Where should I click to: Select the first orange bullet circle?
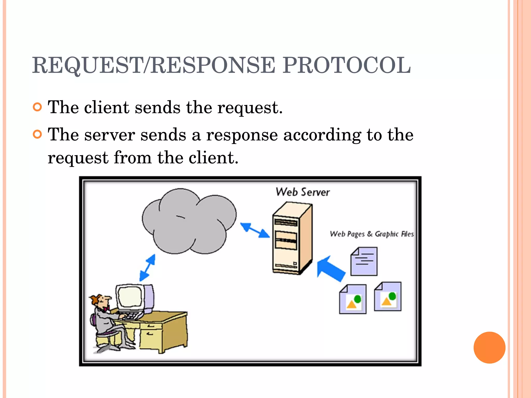tap(38, 107)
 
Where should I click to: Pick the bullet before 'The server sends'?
tap(38, 134)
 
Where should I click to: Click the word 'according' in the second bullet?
tap(322, 135)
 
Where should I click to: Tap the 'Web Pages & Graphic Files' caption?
tap(371, 234)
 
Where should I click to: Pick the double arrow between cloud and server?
tap(255, 230)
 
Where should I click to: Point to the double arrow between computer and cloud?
tap(147, 268)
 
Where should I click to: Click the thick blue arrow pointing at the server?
tap(331, 269)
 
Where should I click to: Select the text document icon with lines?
tap(364, 261)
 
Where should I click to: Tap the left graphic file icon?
tap(353, 299)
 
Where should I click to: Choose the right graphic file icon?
tap(388, 297)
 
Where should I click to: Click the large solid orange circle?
tap(489, 347)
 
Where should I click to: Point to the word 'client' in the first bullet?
tap(106, 108)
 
